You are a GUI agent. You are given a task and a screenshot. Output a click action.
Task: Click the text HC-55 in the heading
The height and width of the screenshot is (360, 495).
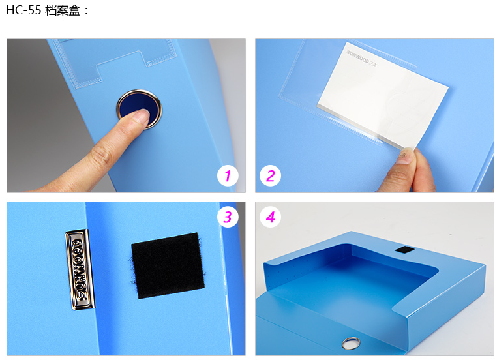[23, 10]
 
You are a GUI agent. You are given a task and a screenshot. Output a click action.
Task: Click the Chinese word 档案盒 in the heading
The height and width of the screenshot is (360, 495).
[63, 10]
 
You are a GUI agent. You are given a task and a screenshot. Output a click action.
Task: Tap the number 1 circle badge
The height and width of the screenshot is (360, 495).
[228, 175]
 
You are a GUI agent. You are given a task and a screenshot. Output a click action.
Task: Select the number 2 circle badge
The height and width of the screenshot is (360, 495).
[270, 175]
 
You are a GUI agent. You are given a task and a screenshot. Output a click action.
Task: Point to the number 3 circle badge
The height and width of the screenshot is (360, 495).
[228, 217]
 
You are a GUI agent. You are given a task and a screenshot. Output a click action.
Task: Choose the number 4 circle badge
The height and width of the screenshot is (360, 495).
[270, 217]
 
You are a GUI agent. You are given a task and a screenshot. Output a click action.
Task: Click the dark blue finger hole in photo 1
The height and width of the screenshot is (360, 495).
[139, 109]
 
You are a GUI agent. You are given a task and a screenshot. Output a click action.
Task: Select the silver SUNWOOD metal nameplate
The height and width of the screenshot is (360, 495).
[80, 269]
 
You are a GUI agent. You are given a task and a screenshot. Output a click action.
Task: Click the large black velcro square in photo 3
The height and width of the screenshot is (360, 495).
[168, 265]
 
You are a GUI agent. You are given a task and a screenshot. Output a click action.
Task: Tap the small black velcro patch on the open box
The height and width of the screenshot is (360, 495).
[404, 250]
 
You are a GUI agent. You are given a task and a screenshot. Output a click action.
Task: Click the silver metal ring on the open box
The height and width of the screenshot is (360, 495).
[350, 342]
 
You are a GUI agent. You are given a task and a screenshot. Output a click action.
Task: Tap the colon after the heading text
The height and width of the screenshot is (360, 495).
[86, 11]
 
